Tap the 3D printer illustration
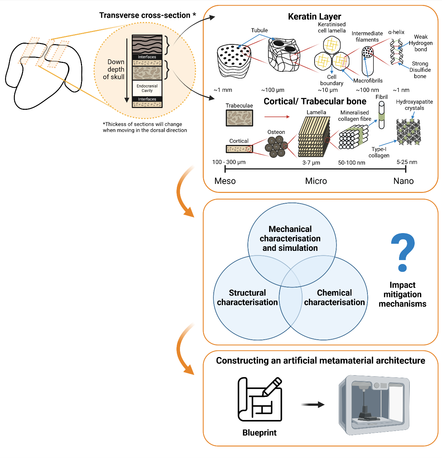(x=374, y=405)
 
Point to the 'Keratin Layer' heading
(x=314, y=16)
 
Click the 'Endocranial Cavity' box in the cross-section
(x=147, y=88)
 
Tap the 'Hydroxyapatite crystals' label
(x=414, y=105)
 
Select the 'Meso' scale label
(x=225, y=181)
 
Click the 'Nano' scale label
(x=403, y=181)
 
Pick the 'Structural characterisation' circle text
(x=247, y=297)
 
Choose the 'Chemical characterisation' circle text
(x=334, y=297)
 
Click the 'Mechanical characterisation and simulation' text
(x=290, y=238)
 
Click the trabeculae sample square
(x=239, y=118)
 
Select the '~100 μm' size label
(x=273, y=90)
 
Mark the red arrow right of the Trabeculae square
(x=277, y=117)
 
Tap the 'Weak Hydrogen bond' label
(x=421, y=43)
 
